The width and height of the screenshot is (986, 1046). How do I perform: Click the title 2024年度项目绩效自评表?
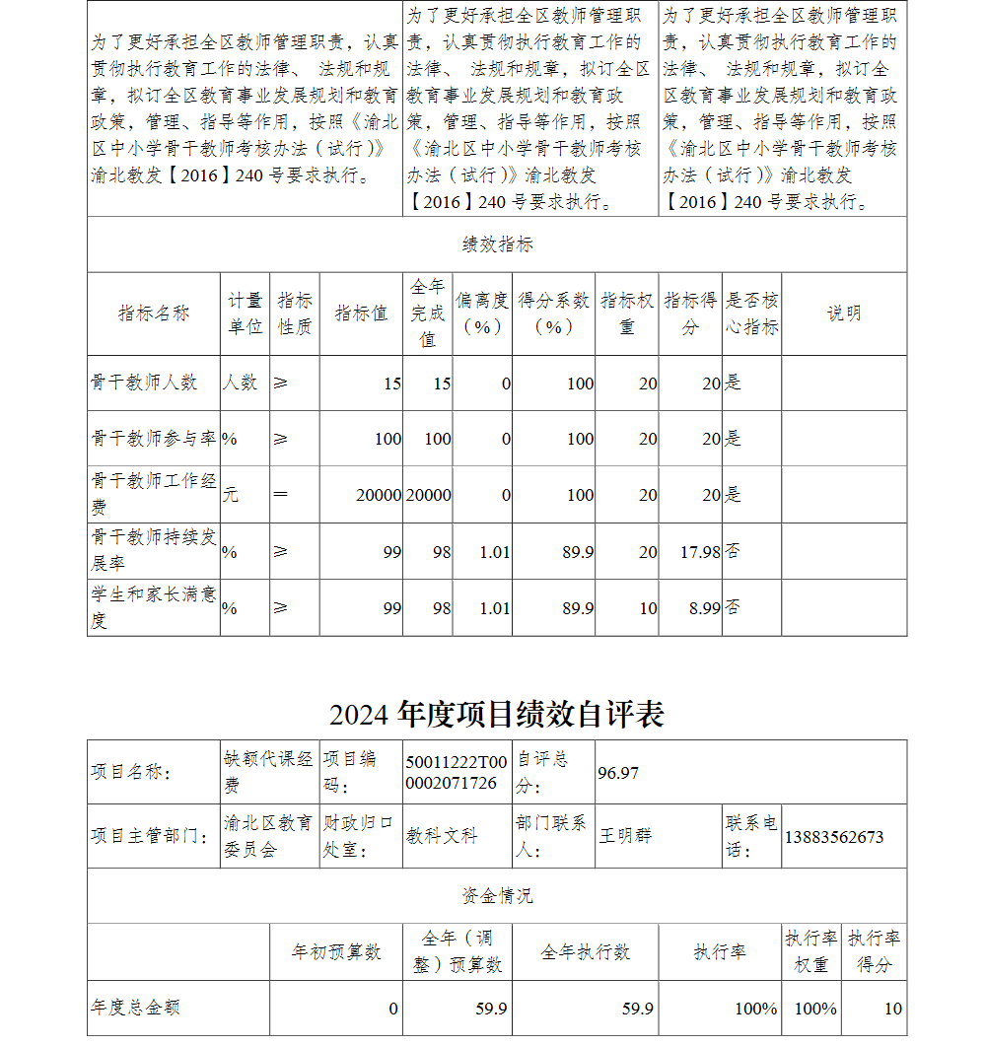pos(496,714)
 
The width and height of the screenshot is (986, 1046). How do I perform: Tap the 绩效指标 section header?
pos(497,244)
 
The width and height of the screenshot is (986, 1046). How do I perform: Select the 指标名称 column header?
pos(154,314)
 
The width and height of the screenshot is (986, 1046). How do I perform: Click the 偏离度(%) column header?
pos(482,314)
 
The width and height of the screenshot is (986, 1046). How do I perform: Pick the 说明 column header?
pos(843,314)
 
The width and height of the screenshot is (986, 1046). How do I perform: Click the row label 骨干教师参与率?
pos(154,439)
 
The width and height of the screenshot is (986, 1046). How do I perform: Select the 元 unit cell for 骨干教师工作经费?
pos(230,495)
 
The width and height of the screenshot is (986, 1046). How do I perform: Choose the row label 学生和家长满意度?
pos(154,607)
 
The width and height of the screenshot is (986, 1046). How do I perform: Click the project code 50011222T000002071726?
pos(457,772)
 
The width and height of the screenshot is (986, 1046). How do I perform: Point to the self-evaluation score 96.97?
pos(618,772)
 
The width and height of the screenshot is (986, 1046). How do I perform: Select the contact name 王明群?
pos(625,836)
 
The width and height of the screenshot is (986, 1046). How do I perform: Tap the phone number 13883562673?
pos(833,837)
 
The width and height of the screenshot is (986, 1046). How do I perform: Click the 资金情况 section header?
pos(497,895)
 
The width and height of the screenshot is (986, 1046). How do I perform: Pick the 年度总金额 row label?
pos(135,1008)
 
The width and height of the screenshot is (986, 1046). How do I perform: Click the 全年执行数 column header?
pos(585,952)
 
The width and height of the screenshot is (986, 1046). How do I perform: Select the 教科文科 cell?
pos(442,836)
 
